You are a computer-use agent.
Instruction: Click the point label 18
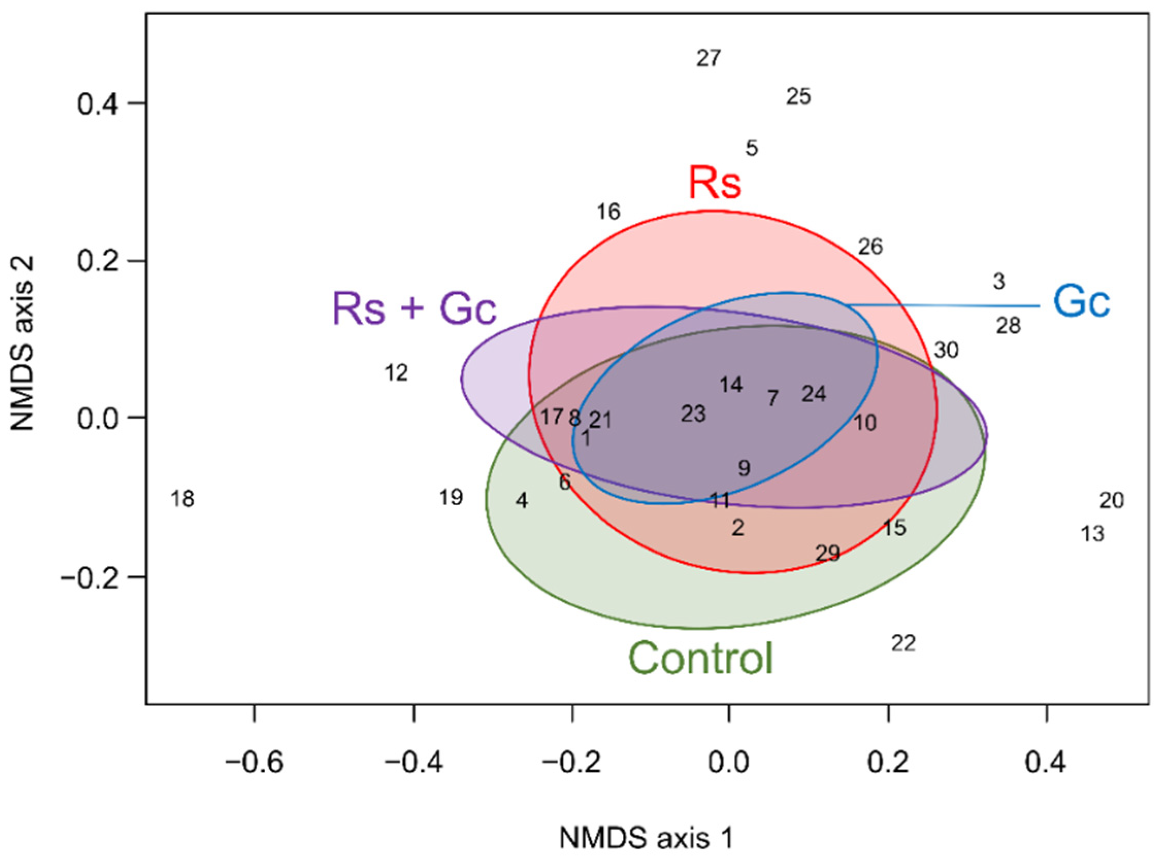click(183, 499)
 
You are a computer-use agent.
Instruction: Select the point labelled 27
click(709, 58)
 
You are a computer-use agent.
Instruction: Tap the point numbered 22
click(903, 644)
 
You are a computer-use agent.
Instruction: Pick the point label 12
click(396, 373)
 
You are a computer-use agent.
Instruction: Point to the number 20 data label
click(1112, 501)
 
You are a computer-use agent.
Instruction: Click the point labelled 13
click(1093, 534)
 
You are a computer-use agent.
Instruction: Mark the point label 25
click(799, 97)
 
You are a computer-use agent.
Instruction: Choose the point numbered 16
click(608, 212)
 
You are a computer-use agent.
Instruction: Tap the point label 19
click(451, 497)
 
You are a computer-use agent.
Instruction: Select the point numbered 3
click(999, 281)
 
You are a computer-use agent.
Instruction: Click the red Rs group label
click(715, 183)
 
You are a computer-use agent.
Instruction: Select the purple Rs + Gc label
click(415, 308)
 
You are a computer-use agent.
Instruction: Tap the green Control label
click(702, 658)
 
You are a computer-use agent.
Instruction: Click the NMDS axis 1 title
click(647, 839)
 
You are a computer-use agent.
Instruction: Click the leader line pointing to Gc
click(942, 305)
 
